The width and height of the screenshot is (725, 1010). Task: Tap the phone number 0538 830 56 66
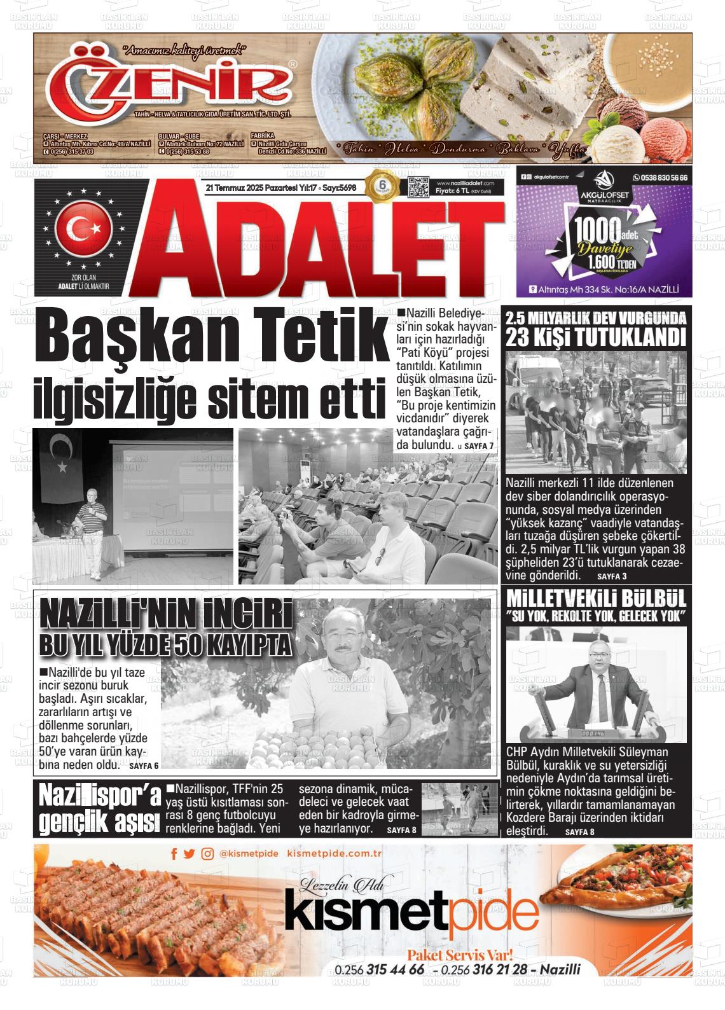(x=660, y=177)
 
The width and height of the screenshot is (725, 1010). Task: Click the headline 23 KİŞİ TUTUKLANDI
(x=596, y=337)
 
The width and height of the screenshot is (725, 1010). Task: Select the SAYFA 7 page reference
(x=479, y=446)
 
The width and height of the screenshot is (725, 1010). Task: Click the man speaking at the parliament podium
(x=591, y=682)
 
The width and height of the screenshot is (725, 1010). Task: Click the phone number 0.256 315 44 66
(x=379, y=970)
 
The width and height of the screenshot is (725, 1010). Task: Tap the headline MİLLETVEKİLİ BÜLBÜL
(x=596, y=599)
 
